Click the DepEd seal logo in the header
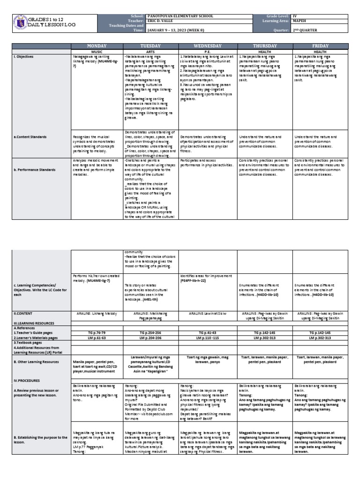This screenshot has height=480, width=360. pos(19,23)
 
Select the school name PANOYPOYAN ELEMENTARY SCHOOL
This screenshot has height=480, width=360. pos(180,16)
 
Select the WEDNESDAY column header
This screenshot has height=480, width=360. pos(208,45)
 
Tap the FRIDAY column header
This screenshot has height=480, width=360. pos(320,45)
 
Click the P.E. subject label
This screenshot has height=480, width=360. pos(208,51)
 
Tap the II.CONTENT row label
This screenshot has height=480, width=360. pos(24,312)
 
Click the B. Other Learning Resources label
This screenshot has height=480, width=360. pos(37,362)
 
